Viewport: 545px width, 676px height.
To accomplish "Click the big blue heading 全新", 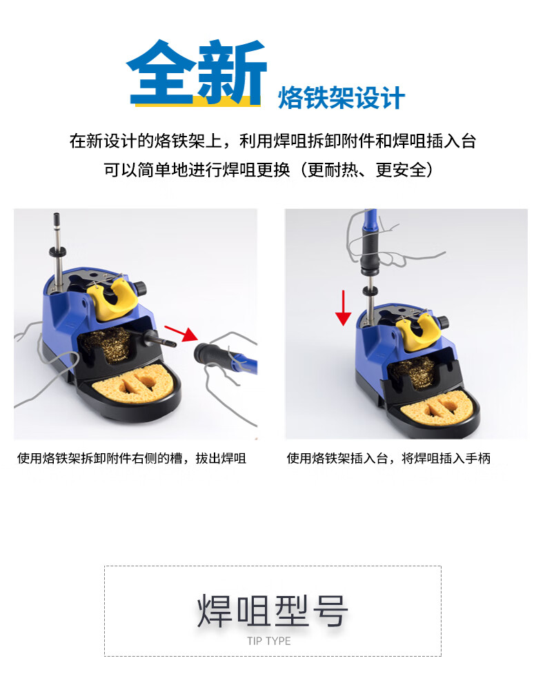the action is tap(197, 72).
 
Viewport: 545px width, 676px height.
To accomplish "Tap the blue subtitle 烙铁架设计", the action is tap(341, 98).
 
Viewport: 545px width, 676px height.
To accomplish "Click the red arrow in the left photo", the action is tap(181, 332).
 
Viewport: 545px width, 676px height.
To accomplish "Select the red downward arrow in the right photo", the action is tap(344, 308).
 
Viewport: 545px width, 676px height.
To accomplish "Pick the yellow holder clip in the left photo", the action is tap(113, 298).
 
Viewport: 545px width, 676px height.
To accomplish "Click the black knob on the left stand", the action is tap(141, 288).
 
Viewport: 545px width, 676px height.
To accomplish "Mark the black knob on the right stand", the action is tap(443, 322).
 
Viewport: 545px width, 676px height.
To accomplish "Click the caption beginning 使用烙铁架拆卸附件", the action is tap(132, 458).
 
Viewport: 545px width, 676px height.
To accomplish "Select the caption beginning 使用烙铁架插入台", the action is tap(388, 458).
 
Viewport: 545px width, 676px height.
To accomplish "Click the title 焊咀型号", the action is tap(272, 610).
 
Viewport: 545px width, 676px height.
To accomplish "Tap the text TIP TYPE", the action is tap(269, 641).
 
